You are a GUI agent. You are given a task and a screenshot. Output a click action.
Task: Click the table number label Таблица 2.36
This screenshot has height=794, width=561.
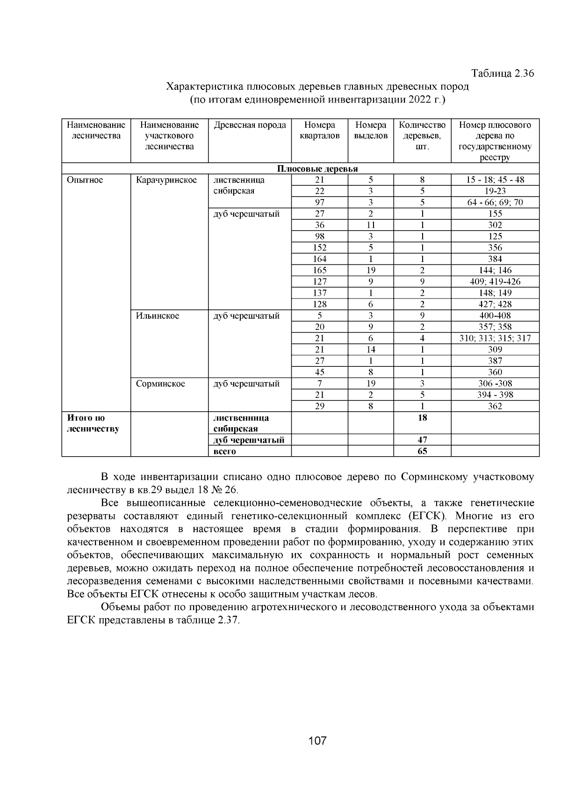coord(503,73)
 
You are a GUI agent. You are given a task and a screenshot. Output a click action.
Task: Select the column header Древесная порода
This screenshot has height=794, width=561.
coord(250,125)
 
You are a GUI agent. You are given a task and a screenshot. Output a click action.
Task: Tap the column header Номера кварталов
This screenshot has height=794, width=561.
coord(320,131)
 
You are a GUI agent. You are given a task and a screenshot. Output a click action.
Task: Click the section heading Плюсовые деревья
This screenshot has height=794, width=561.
coord(317,169)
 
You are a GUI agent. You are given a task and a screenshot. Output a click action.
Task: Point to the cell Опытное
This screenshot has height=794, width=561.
coord(85,180)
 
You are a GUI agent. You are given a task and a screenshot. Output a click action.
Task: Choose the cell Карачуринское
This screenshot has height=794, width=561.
coord(166,180)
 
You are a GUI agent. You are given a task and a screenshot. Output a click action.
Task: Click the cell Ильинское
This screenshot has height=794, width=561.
coord(158,316)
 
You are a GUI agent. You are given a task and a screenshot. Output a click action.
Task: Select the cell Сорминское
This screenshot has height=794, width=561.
coord(160,384)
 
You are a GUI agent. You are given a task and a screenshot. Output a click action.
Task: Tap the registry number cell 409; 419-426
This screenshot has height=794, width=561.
coord(495,282)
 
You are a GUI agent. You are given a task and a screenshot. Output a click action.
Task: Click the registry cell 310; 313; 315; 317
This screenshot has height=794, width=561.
coord(495,338)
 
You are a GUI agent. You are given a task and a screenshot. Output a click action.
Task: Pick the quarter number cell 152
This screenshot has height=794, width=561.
coord(320,248)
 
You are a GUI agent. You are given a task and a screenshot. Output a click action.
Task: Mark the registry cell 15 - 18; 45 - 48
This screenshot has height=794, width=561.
coord(495,180)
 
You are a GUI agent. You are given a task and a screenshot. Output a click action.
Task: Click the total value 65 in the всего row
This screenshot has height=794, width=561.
coord(422,451)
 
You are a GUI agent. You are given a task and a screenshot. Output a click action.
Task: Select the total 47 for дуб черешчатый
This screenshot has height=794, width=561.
coord(422,440)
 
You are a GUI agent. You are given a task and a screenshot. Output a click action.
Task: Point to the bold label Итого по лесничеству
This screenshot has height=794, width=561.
coord(93,423)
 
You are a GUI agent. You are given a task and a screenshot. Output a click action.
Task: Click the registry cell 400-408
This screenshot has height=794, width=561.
coord(495,316)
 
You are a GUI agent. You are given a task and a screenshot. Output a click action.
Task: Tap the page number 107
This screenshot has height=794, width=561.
coord(317,741)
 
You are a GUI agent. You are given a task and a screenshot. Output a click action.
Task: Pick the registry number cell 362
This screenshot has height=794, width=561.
coord(495,406)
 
